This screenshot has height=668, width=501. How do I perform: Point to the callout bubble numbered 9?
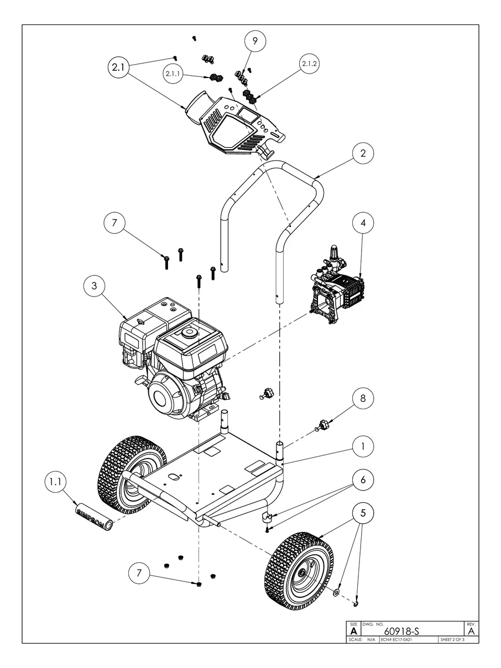pyautogui.click(x=255, y=41)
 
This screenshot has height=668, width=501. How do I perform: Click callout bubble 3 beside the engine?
pyautogui.click(x=95, y=285)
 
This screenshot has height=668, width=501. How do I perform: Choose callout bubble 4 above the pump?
pyautogui.click(x=363, y=223)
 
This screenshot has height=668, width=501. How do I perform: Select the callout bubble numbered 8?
pyautogui.click(x=363, y=399)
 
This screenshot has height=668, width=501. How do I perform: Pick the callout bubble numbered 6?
pyautogui.click(x=363, y=480)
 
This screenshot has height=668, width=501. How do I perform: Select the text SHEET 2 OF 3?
pyautogui.click(x=452, y=640)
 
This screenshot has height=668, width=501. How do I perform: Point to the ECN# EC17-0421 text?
pyautogui.click(x=397, y=640)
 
